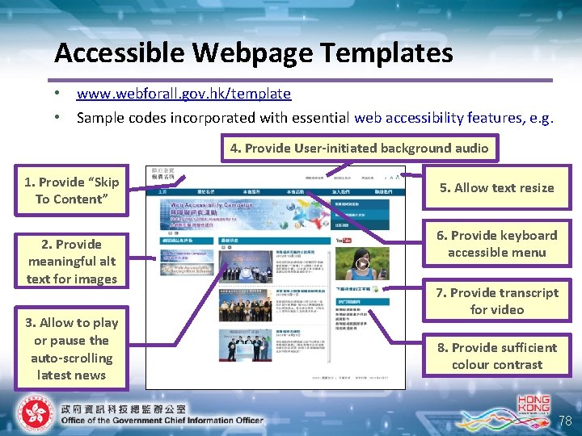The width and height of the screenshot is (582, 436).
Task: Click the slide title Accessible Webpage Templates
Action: pyautogui.click(x=253, y=53)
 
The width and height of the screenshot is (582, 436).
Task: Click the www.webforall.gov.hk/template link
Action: pyautogui.click(x=183, y=94)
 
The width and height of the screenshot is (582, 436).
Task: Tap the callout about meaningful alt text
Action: pyautogui.click(x=72, y=262)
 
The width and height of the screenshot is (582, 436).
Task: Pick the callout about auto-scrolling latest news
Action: pyautogui.click(x=72, y=349)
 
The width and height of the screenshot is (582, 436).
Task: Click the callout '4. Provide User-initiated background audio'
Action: pyautogui.click(x=359, y=148)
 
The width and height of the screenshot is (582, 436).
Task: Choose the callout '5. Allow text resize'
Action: pyautogui.click(x=496, y=188)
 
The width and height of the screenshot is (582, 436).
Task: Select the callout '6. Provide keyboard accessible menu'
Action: pyautogui.click(x=496, y=244)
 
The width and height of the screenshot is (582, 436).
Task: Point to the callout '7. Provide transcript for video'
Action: pyautogui.click(x=496, y=301)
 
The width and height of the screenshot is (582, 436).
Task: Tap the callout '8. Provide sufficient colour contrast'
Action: pyautogui.click(x=496, y=356)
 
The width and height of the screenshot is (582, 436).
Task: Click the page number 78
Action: pyautogui.click(x=565, y=421)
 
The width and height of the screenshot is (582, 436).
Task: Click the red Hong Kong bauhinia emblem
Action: pyautogui.click(x=33, y=414)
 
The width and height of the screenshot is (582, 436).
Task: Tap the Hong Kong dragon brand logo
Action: pyautogui.click(x=533, y=408)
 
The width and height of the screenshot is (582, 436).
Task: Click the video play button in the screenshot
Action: pyautogui.click(x=363, y=263)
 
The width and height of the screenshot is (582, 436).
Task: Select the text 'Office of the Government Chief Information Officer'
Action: pyautogui.click(x=162, y=420)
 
